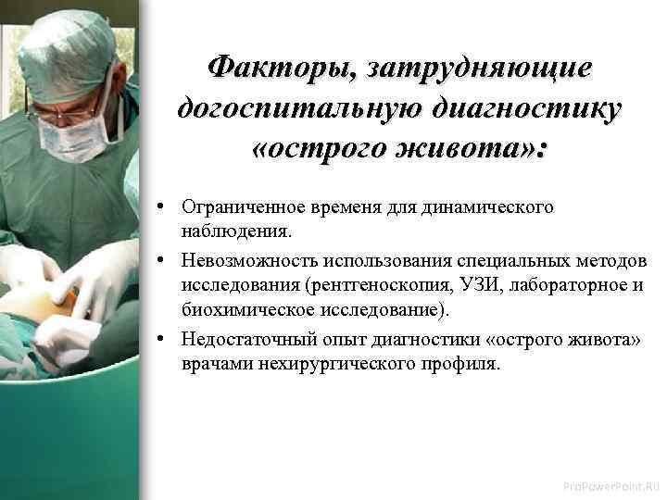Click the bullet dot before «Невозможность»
tap(161, 264)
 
